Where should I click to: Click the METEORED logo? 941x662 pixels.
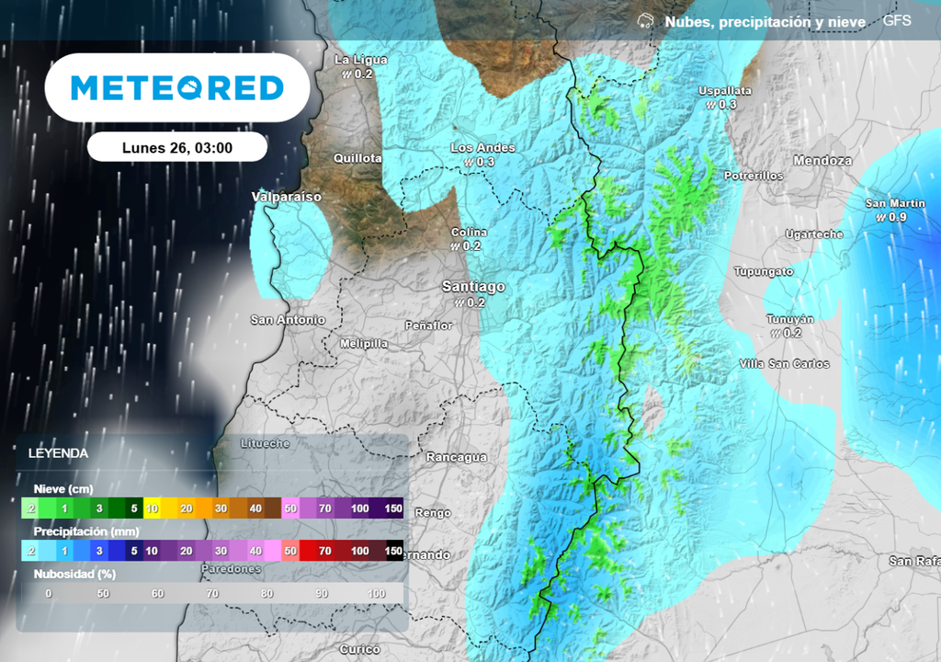click(x=177, y=88)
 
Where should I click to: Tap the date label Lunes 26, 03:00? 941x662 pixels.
click(x=177, y=148)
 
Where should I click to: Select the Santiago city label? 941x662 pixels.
click(x=473, y=287)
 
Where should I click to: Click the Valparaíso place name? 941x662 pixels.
click(x=287, y=197)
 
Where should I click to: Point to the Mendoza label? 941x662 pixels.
click(x=822, y=161)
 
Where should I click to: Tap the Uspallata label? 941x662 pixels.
click(x=725, y=91)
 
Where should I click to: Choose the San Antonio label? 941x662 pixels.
click(x=288, y=320)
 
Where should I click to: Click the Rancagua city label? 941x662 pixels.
click(x=456, y=457)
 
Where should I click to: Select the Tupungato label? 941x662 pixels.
click(x=763, y=271)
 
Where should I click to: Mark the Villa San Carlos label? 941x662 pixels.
click(x=784, y=364)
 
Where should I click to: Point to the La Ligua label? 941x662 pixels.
click(x=361, y=60)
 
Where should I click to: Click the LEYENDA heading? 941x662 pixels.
click(x=58, y=453)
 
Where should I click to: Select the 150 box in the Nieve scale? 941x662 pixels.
click(x=394, y=508)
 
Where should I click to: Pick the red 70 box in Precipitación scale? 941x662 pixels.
click(x=325, y=551)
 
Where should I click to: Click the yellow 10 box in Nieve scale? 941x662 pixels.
click(x=153, y=508)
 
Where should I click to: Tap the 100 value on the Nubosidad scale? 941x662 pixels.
click(x=376, y=593)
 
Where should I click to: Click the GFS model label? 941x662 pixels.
click(x=897, y=20)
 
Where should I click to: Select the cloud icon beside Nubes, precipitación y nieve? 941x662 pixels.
click(x=646, y=20)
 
